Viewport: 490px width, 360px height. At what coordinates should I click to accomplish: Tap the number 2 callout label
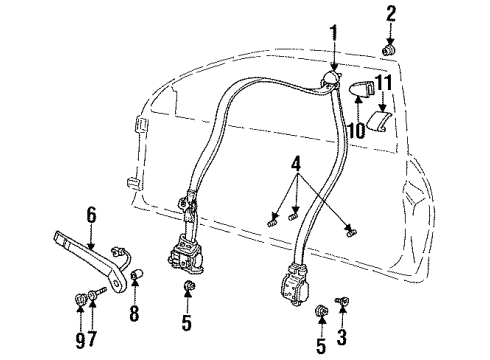[391, 13]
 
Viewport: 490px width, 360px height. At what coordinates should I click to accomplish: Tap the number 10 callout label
[354, 129]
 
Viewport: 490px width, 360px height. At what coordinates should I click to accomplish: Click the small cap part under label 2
[390, 49]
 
